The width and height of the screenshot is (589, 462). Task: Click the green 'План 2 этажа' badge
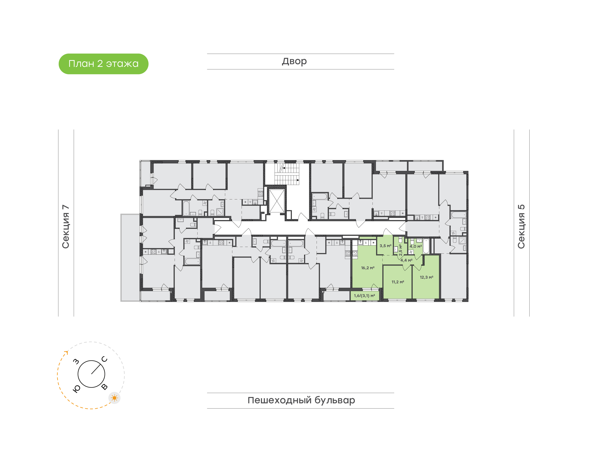coord(103,64)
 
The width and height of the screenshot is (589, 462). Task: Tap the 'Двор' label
coord(294,61)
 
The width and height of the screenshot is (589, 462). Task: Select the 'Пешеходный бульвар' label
coord(301,400)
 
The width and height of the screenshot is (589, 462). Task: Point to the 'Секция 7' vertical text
coord(66,227)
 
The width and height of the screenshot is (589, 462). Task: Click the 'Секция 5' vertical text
coord(521,227)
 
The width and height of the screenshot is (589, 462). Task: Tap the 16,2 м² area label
coord(368,268)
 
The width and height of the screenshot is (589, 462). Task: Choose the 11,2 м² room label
coord(398,282)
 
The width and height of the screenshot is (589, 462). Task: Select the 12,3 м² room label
coord(426,277)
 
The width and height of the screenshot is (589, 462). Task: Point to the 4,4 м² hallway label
coord(406,260)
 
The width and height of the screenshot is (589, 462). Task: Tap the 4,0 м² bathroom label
coord(416,246)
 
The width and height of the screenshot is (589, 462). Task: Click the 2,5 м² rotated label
coord(400,250)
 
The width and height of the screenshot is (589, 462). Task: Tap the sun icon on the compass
coord(115,398)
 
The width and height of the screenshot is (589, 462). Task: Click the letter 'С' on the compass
coord(105,359)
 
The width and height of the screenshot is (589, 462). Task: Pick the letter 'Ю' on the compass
coord(76,389)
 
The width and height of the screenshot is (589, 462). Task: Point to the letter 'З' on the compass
coord(76,361)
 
